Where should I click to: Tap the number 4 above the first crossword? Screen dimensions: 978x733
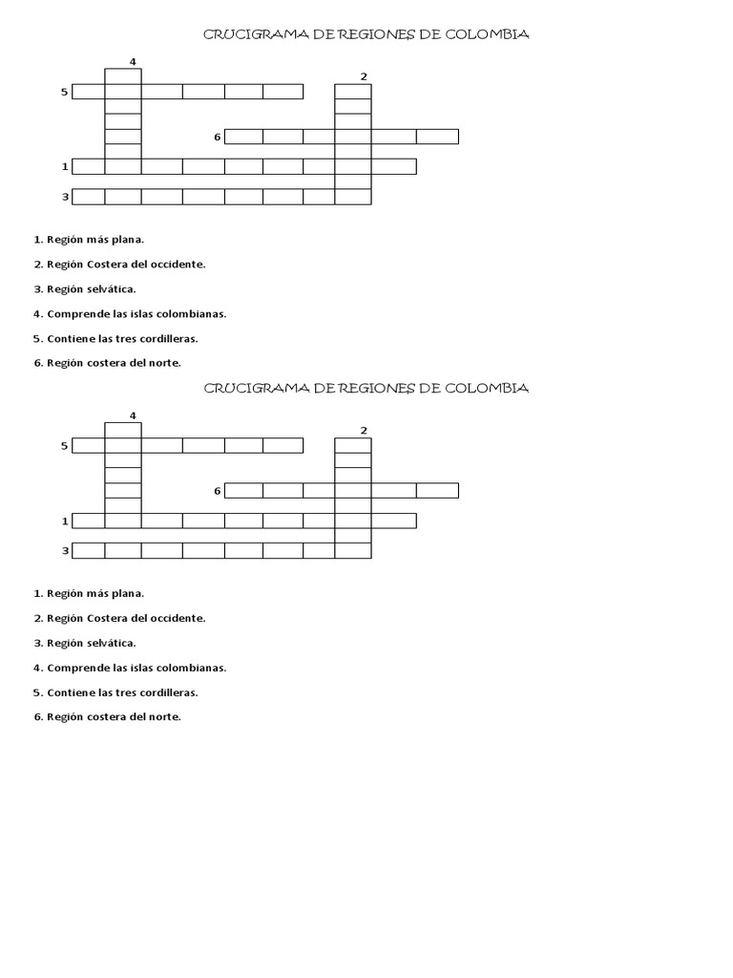pos(133,62)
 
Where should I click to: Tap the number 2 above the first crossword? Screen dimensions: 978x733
pos(364,76)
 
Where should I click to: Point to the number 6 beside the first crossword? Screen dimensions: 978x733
pos(218,137)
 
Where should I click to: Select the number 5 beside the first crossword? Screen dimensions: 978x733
pos(64,92)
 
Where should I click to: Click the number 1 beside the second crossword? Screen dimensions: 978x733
pos(65,521)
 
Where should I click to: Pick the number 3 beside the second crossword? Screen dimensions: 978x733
pos(65,550)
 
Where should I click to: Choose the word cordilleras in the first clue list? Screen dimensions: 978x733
pos(169,338)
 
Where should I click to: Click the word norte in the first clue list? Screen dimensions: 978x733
pos(163,363)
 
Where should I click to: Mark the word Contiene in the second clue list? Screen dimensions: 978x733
pos(68,692)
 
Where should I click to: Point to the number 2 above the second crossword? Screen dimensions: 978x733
pos(364,430)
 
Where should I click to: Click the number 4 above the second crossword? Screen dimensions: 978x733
pos(133,415)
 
